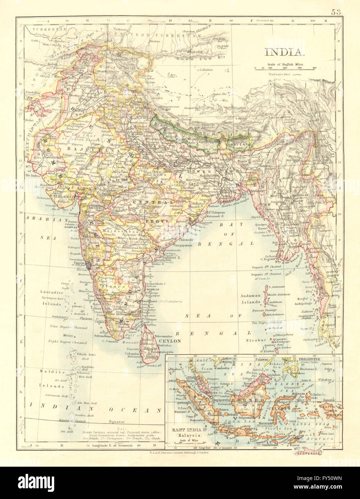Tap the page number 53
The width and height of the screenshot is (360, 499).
tap(336, 12)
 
